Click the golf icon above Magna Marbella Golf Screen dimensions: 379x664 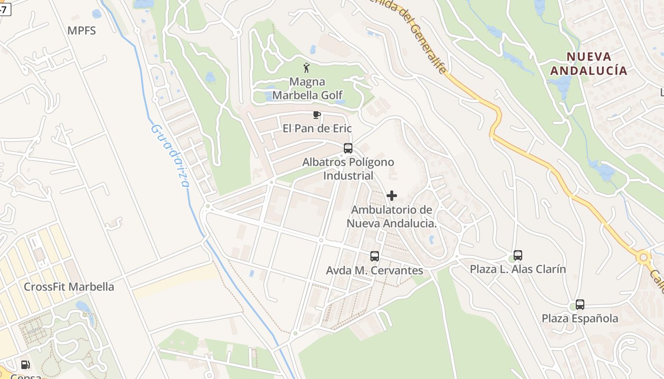(307, 68)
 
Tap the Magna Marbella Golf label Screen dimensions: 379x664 (307, 89)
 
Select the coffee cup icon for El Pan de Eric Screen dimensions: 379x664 (316, 115)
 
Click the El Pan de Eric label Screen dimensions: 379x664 (317, 128)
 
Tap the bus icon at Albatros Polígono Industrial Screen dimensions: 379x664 (348, 148)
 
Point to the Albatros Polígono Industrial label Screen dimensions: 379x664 (348, 169)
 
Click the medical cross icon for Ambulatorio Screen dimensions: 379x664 (392, 195)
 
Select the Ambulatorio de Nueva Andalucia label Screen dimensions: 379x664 (392, 217)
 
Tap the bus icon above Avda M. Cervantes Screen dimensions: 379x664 (375, 256)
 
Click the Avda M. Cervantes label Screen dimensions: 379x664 (375, 271)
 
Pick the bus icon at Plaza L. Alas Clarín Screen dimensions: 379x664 (518, 255)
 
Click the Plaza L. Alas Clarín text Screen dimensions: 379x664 (518, 269)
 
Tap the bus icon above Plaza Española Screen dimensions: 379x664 (580, 305)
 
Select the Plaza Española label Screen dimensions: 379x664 (580, 318)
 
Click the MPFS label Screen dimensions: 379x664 (82, 31)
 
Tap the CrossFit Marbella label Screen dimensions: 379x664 (69, 287)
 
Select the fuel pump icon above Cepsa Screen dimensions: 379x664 (25, 365)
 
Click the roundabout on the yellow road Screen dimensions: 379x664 (644, 258)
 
